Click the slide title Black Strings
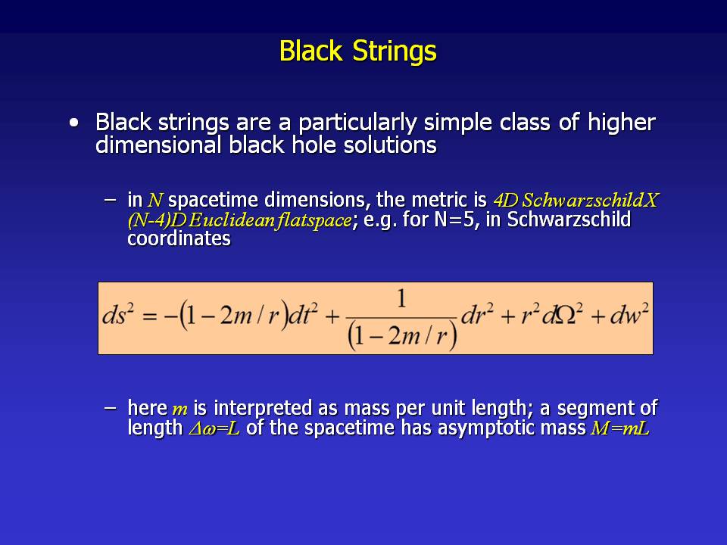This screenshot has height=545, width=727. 358,51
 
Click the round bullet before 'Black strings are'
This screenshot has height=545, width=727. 73,123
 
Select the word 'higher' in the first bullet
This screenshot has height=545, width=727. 621,123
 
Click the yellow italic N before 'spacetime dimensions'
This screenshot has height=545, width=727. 155,200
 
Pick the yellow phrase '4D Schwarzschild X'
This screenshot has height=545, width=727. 576,200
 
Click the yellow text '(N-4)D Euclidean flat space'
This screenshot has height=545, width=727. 240,220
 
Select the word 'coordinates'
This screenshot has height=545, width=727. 179,238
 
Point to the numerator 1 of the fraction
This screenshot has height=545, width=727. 401,299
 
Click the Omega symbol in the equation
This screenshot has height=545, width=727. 565,316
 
